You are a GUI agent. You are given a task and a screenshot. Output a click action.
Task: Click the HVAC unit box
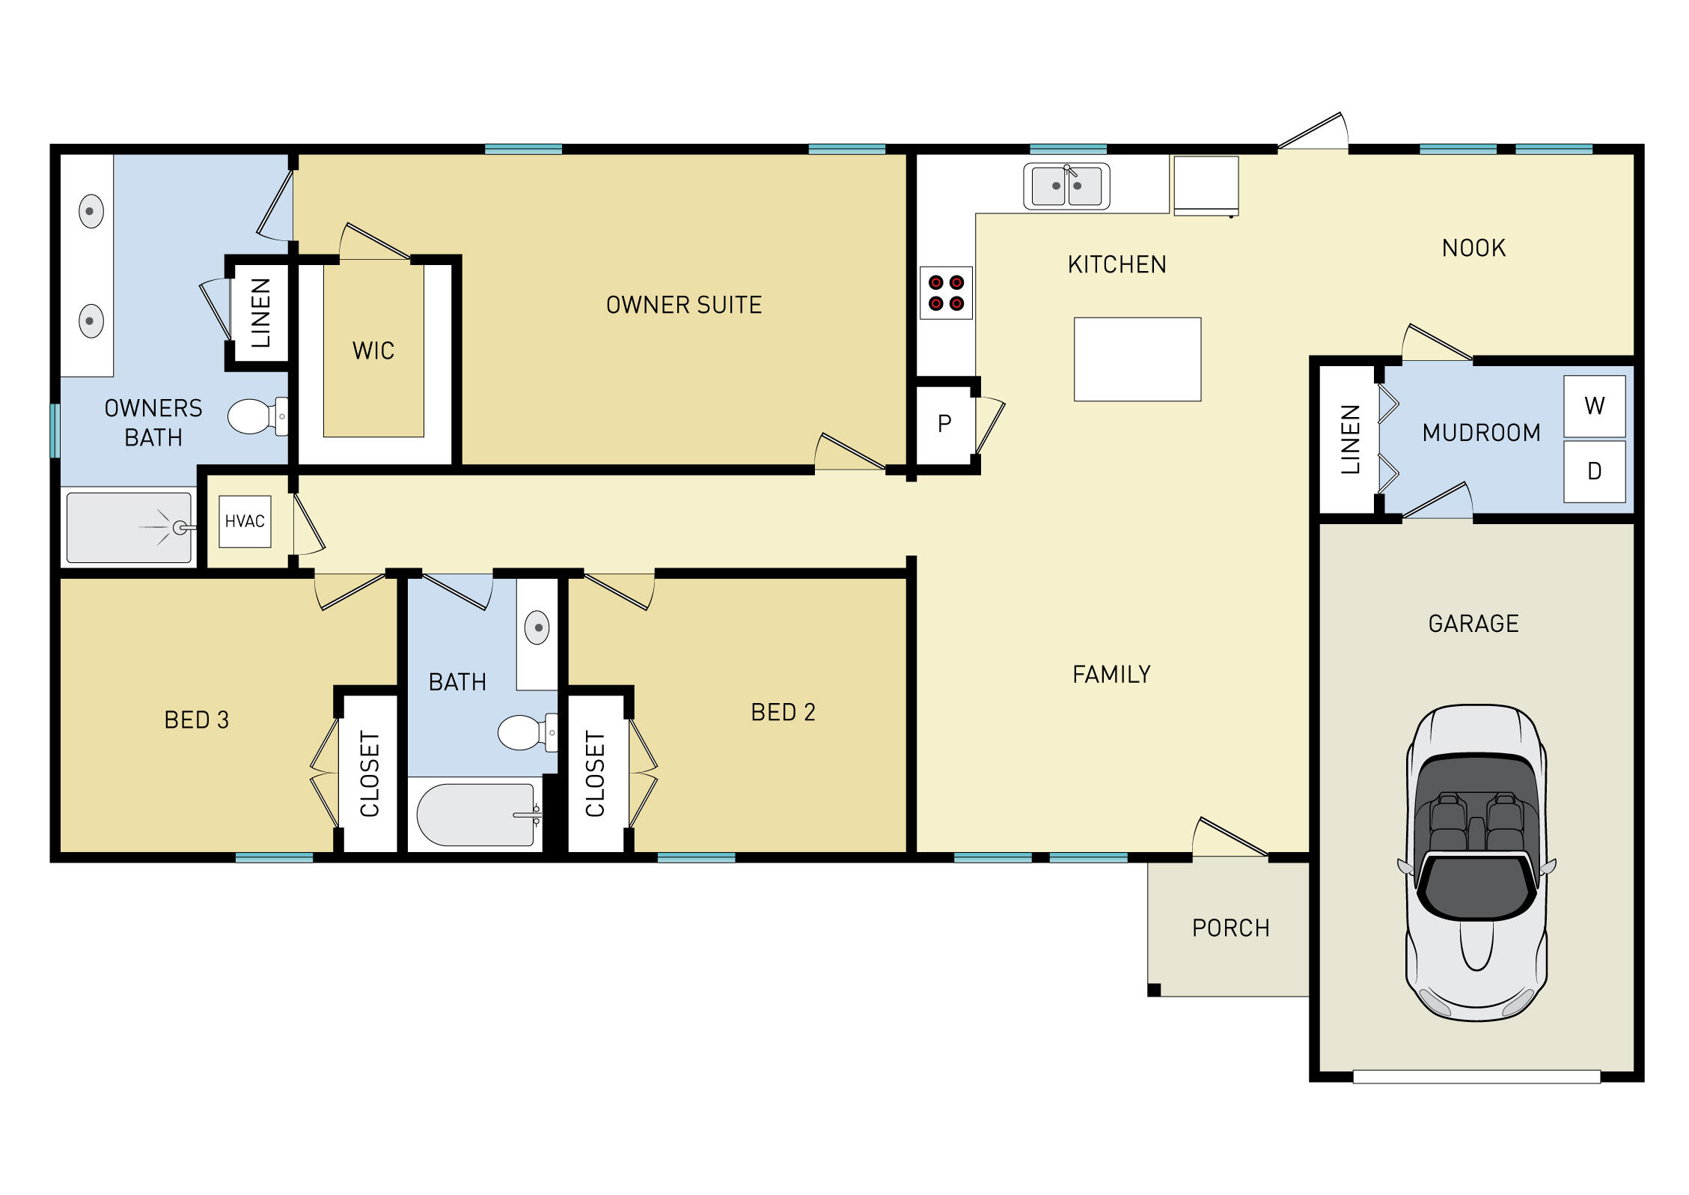(245, 521)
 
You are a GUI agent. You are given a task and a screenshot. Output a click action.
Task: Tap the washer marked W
(1594, 406)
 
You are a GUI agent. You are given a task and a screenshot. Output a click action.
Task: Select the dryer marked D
(1594, 471)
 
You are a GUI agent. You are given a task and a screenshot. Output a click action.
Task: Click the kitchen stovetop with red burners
(946, 293)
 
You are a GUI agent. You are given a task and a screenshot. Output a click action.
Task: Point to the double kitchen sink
(1066, 186)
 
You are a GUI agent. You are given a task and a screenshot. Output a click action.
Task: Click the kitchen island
(1137, 359)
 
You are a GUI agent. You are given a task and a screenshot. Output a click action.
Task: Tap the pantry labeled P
(944, 424)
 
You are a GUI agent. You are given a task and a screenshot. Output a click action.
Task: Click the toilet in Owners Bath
(254, 416)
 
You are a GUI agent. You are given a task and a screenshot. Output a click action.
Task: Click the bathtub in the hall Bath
(475, 815)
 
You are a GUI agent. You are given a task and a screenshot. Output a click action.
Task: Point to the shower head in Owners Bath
(180, 528)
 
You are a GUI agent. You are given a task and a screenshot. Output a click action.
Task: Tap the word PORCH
(1230, 928)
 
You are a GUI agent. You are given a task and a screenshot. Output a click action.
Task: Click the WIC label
(373, 350)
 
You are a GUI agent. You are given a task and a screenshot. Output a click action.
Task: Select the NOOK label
(1473, 248)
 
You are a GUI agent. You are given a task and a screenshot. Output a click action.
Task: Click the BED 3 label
(196, 720)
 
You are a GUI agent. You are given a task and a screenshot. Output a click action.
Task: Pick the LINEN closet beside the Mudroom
(1348, 439)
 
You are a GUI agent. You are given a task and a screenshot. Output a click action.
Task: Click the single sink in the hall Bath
(537, 627)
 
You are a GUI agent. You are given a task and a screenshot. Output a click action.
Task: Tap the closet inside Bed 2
(596, 774)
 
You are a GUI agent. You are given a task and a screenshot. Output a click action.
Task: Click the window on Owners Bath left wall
(55, 431)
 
